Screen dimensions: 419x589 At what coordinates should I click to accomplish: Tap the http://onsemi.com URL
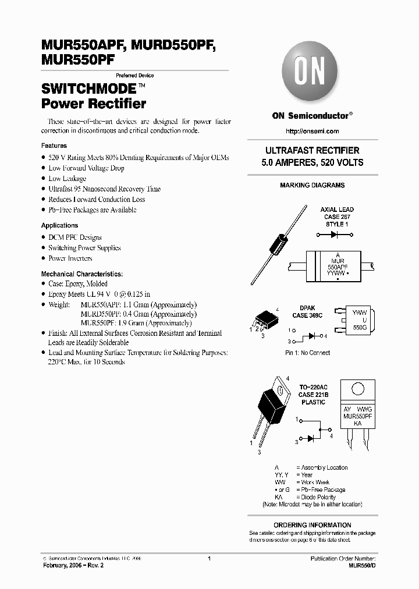click(312, 132)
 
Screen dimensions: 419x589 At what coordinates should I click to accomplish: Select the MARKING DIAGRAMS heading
click(312, 185)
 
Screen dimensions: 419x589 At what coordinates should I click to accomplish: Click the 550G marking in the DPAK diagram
click(360, 328)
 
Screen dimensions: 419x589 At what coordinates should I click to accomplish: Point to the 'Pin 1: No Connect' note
click(307, 353)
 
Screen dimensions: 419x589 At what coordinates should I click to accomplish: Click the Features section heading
click(54, 146)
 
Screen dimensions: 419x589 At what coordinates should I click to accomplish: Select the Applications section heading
click(59, 225)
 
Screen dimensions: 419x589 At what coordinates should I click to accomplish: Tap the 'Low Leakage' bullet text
click(67, 179)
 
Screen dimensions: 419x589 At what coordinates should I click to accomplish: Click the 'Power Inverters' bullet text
click(70, 258)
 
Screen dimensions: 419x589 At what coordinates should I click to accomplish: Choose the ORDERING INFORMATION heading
click(312, 525)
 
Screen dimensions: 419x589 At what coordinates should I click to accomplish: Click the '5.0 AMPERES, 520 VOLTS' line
click(312, 162)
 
